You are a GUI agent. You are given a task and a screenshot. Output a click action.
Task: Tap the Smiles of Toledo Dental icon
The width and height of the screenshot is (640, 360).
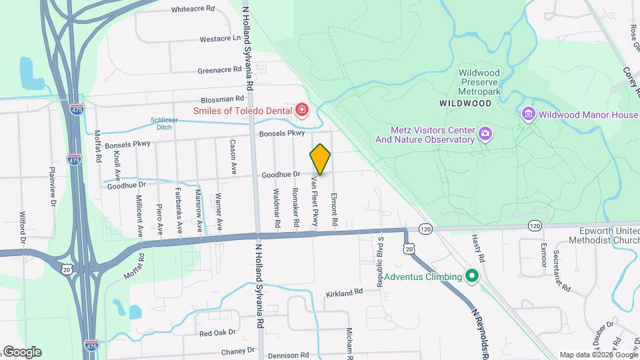(302, 109)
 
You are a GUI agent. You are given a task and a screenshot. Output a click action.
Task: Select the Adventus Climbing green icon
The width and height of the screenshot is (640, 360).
(472, 276)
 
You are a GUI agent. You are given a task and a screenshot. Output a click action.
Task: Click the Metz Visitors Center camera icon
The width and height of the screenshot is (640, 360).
(485, 135)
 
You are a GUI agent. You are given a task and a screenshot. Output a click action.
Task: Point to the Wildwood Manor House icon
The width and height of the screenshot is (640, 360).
(529, 114)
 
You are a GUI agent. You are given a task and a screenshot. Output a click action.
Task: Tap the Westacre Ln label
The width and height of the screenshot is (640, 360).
(219, 39)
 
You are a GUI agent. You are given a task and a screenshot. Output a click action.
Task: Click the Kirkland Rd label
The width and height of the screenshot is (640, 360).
(344, 292)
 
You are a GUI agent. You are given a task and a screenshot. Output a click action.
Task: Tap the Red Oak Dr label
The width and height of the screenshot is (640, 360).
(218, 332)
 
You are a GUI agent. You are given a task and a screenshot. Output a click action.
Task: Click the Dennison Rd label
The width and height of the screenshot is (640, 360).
(289, 355)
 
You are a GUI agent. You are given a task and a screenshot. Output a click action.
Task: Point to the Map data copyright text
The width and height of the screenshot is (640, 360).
(598, 355)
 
